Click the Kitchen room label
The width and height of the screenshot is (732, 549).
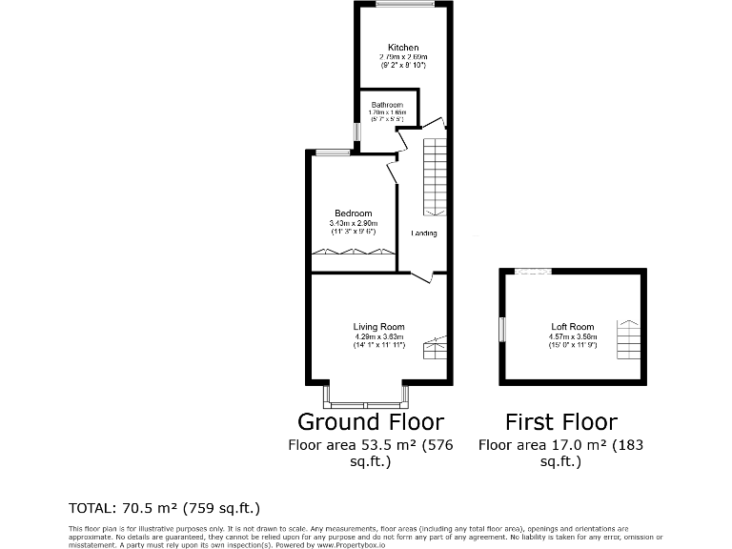point(402,48)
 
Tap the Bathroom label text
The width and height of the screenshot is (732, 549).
point(387,105)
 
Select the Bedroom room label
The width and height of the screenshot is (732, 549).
point(353,213)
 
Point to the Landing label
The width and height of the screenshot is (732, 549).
point(424,234)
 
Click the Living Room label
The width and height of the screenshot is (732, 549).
point(379,327)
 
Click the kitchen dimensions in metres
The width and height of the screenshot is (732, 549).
point(402,57)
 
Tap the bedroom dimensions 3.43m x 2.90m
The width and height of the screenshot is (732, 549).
point(353,223)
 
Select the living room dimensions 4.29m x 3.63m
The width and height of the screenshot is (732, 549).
point(379,336)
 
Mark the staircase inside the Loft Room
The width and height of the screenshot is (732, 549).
point(628,337)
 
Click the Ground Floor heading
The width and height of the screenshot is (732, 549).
point(371,421)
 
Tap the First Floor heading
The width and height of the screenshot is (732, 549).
point(561,421)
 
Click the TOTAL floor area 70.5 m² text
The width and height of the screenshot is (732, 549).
point(164,507)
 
